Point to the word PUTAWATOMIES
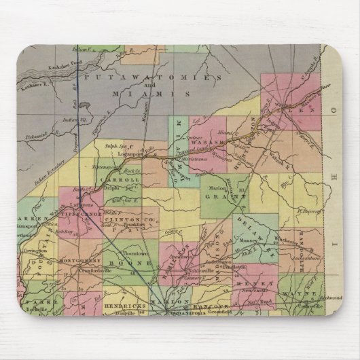click(x=134, y=79)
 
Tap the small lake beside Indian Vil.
click(x=84, y=107)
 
